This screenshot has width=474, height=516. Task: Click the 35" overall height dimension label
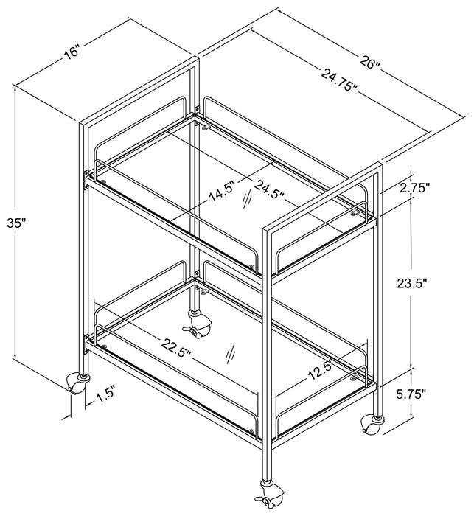tap(16, 223)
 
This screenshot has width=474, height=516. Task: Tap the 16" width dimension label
tap(72, 53)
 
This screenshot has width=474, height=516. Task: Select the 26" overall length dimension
tap(370, 62)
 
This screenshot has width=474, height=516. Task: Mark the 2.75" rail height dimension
tap(415, 188)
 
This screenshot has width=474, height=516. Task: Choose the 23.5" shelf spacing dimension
tap(412, 282)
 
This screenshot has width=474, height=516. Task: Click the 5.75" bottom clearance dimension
tap(411, 394)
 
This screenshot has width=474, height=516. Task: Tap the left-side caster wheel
tap(77, 383)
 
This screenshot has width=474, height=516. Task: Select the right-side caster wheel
tap(372, 424)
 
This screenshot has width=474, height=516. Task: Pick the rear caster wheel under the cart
tap(198, 325)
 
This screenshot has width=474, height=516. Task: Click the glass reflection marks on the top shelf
tap(247, 200)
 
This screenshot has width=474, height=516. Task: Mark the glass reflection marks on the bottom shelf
tap(231, 353)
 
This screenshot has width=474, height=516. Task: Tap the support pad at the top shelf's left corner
tap(104, 181)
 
